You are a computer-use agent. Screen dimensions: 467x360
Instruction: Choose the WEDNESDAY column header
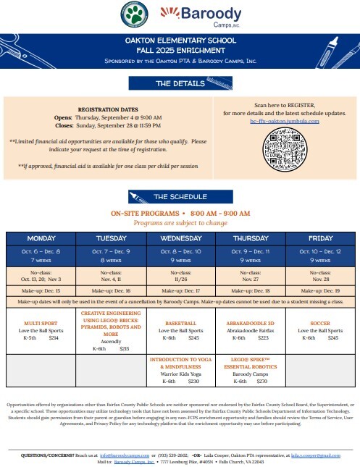(x=180, y=238)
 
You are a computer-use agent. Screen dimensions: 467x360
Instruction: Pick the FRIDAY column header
(x=320, y=238)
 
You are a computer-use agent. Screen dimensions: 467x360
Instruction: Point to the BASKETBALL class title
(x=180, y=324)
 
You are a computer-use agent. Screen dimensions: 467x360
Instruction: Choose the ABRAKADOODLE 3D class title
(x=251, y=324)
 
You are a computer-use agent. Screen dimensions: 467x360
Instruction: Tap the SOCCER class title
(x=320, y=324)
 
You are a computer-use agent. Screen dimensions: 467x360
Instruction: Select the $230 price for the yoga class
(x=193, y=381)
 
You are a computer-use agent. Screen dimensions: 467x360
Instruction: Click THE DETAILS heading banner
(x=181, y=84)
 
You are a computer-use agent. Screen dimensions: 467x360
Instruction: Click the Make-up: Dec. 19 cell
(x=320, y=290)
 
